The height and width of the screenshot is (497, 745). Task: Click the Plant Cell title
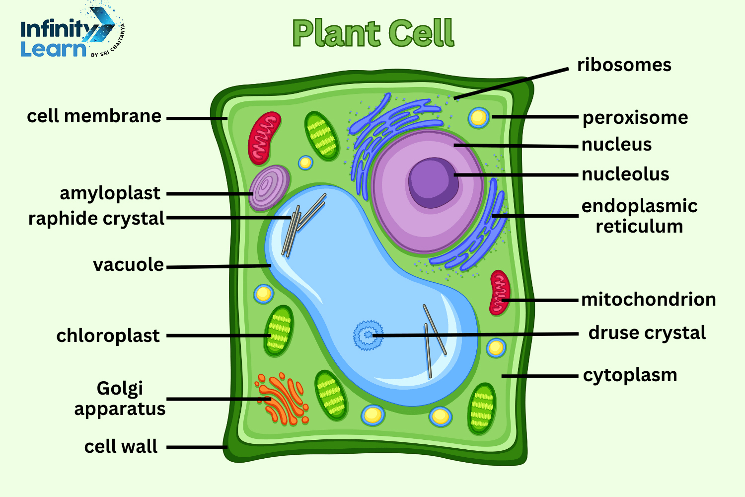(373, 33)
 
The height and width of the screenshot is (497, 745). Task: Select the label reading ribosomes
(624, 65)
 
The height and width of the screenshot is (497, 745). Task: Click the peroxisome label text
(635, 118)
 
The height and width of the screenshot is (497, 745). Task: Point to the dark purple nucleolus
(433, 182)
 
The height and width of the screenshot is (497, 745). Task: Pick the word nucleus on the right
(616, 145)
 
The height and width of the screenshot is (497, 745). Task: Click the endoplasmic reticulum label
(639, 216)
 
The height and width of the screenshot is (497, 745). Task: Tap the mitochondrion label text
(648, 300)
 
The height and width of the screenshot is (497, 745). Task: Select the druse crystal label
(647, 333)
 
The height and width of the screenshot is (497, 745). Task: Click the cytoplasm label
(630, 375)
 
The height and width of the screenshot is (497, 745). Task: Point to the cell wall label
(121, 446)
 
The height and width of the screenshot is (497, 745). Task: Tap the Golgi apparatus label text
(120, 399)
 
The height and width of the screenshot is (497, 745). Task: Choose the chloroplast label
(108, 336)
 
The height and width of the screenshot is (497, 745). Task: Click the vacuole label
(128, 265)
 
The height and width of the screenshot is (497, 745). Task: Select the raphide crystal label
(96, 219)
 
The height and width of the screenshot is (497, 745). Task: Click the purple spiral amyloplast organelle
(269, 188)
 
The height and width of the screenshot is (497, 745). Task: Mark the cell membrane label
(94, 116)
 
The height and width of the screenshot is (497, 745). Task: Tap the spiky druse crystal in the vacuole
(368, 335)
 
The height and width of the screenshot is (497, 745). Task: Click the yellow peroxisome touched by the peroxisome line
(478, 117)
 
